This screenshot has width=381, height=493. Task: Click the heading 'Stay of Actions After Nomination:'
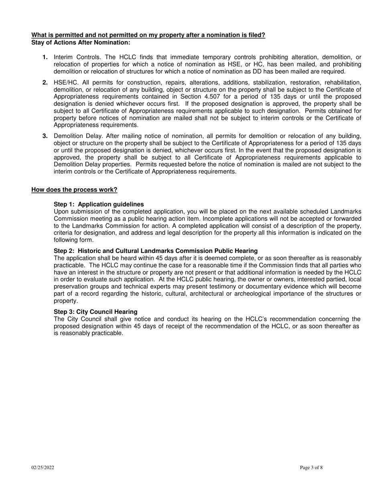[81, 42]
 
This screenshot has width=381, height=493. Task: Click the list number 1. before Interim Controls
[45, 57]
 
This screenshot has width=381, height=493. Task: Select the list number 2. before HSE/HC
[45, 82]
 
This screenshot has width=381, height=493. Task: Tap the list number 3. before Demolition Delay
[45, 136]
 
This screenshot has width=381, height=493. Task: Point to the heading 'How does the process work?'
[74, 190]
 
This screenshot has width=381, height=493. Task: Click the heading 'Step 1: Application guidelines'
[99, 204]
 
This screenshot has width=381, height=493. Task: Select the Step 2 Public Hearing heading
[156, 251]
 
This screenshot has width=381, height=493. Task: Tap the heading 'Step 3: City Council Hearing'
[95, 312]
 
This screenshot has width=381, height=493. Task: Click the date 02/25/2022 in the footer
[43, 467]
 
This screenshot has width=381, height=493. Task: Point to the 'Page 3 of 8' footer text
[311, 467]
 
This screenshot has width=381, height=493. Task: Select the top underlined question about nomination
[148, 35]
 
